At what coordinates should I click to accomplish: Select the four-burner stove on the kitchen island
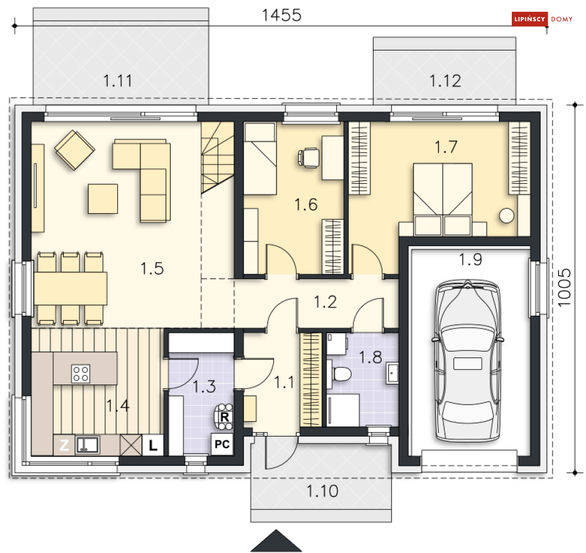81,372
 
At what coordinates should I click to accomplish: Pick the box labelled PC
222,445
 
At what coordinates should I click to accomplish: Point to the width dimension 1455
282,16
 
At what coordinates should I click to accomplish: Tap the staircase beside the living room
218,158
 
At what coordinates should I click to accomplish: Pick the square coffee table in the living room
103,198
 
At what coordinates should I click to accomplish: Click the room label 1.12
445,81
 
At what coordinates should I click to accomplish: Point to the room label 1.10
322,491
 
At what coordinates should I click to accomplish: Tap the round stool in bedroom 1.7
506,216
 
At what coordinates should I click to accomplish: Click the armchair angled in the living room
75,150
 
